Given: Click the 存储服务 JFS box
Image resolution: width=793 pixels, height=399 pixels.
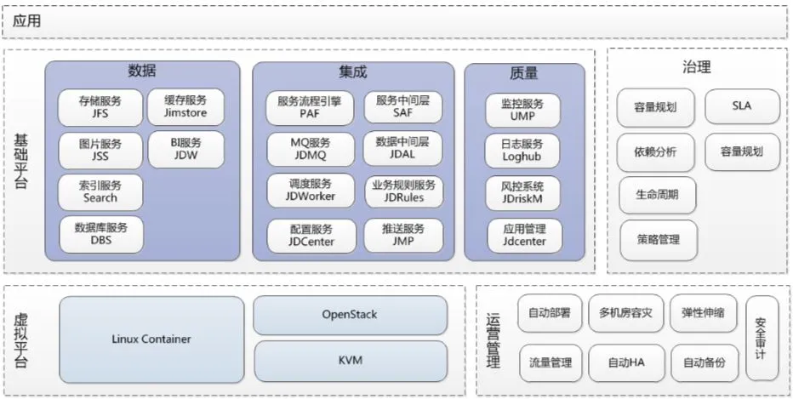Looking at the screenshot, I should (100, 107).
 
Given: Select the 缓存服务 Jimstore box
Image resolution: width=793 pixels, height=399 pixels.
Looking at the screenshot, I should (185, 107).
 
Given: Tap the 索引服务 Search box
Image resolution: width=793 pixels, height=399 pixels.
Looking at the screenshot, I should (100, 192).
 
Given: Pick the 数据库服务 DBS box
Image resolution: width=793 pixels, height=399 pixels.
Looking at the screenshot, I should (100, 234).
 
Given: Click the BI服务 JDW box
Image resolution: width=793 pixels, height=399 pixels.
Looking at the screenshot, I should (185, 150).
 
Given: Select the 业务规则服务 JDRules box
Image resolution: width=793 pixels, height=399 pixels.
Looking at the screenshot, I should (403, 192).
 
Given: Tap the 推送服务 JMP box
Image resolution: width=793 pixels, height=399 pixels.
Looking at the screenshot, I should (403, 236).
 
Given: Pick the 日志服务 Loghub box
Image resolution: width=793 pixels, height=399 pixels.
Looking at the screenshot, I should (523, 151).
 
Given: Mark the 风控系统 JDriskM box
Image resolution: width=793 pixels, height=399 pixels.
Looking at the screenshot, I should (523, 193).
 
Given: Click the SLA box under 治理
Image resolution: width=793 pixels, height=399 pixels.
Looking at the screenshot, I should (741, 107).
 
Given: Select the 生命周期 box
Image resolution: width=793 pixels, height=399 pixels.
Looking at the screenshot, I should (656, 195).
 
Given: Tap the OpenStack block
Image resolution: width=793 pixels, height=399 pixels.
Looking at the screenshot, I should (349, 315).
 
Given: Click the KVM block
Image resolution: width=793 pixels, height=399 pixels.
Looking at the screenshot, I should (349, 361).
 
